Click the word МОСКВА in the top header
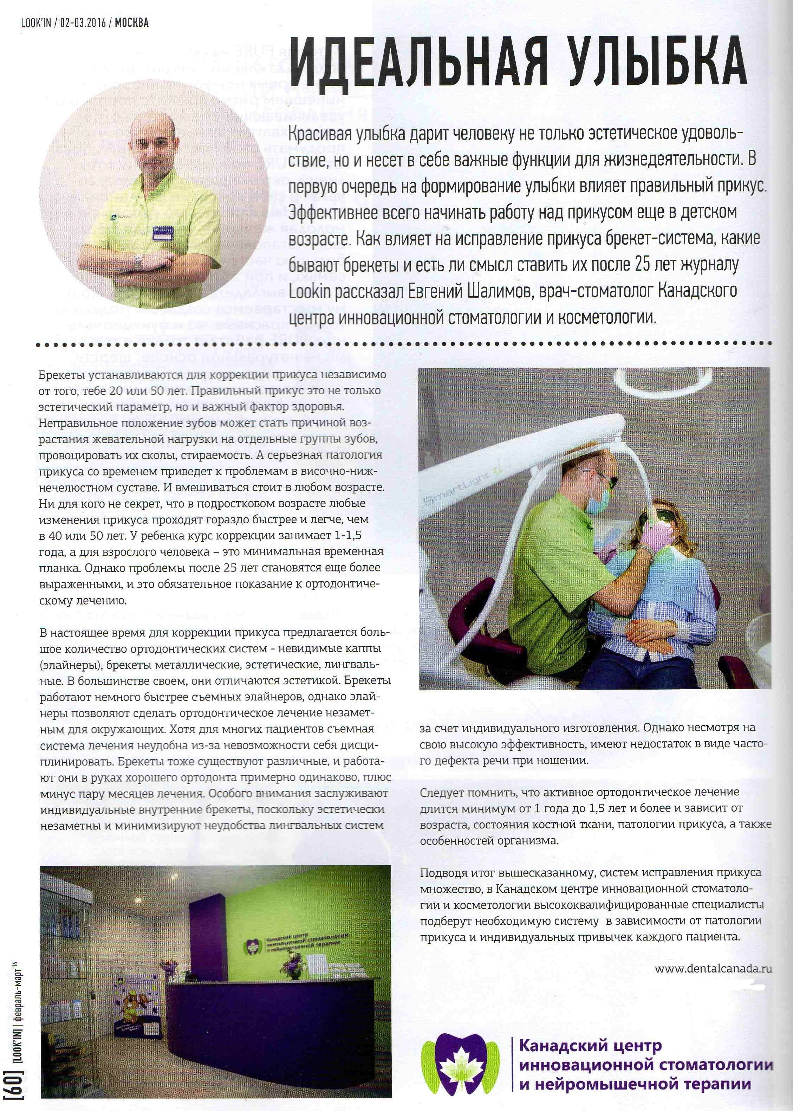[x=132, y=23]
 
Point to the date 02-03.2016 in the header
[x=83, y=23]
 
